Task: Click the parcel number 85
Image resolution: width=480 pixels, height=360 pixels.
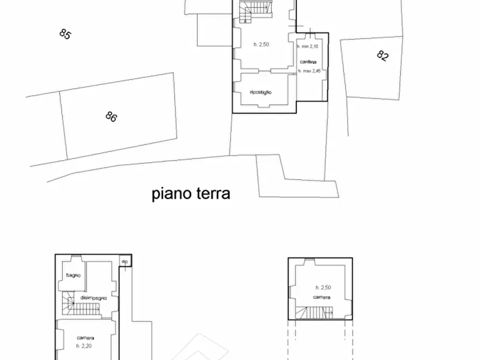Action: [65, 34]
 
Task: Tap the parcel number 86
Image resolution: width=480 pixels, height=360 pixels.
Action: [111, 116]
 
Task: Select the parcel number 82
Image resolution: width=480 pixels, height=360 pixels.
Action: [382, 56]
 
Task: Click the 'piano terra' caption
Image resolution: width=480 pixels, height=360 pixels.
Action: [191, 193]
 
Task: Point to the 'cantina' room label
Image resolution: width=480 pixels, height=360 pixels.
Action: [307, 62]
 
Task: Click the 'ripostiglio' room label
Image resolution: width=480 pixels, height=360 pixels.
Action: [261, 92]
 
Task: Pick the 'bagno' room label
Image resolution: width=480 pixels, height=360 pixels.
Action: [74, 276]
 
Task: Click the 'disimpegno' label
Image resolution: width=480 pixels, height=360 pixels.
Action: [94, 298]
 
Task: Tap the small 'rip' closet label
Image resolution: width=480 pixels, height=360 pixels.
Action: [125, 262]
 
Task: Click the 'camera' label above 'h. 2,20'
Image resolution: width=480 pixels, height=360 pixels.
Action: [85, 338]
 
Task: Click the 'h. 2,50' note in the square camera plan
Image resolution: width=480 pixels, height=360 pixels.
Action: [323, 287]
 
